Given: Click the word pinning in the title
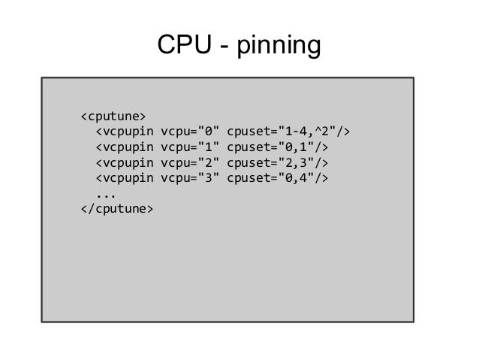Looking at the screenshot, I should coord(279,47).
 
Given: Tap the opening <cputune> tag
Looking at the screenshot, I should coord(113,116).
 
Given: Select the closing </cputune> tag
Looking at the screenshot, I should coord(116,207).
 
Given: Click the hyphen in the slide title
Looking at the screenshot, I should coord(223,48).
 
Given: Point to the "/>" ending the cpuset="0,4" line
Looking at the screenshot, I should coord(322,177).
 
